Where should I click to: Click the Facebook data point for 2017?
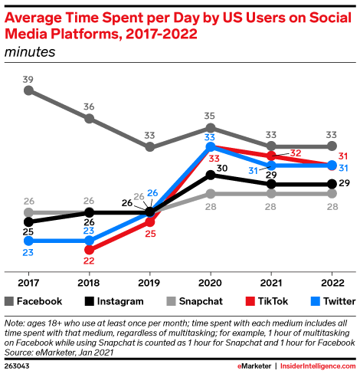[x=29, y=90]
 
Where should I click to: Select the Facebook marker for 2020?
[x=211, y=127]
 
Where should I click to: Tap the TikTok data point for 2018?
[x=90, y=250]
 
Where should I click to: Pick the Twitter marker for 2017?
[x=29, y=241]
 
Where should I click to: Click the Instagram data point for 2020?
[x=211, y=175]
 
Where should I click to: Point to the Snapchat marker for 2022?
[x=331, y=194]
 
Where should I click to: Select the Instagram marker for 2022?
[x=331, y=184]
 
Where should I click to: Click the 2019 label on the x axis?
[x=150, y=282]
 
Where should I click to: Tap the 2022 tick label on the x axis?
[x=331, y=282]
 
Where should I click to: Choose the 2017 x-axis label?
[x=29, y=282]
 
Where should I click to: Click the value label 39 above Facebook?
[x=29, y=79]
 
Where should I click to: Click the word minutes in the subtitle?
[x=31, y=51]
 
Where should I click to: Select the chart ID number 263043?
[x=19, y=366]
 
